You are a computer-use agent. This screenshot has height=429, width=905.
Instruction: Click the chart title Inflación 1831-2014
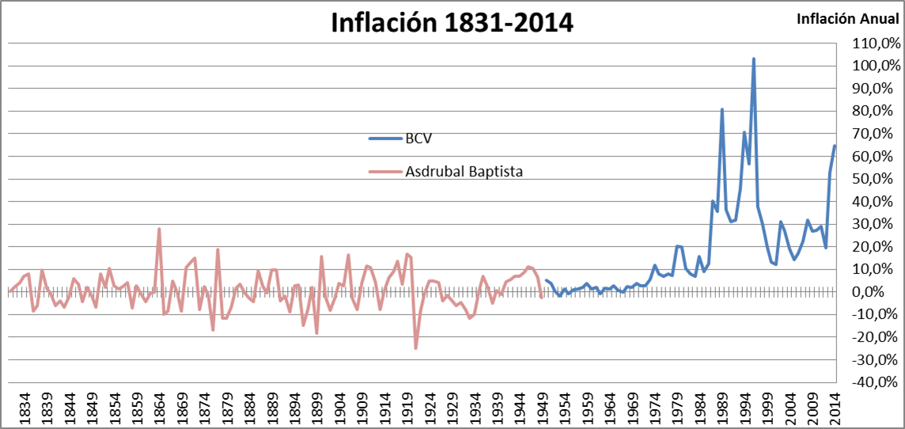(x=452, y=22)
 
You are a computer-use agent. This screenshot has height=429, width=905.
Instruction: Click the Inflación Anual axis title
(x=849, y=18)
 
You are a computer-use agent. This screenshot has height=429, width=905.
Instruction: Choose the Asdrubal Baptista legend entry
(x=464, y=171)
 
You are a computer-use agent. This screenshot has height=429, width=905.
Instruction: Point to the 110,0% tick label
(x=874, y=43)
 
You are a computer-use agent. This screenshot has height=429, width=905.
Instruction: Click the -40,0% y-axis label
(x=874, y=382)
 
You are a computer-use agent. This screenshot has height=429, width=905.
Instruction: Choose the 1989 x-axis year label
(x=722, y=409)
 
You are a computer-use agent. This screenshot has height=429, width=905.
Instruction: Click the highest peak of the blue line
(x=754, y=59)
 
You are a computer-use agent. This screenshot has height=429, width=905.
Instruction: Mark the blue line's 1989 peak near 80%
(x=722, y=109)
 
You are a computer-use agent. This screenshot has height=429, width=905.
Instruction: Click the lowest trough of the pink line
(x=415, y=348)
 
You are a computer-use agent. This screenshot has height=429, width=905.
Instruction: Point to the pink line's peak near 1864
(x=159, y=229)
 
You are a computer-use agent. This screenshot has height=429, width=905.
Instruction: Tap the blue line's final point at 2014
(x=835, y=146)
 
